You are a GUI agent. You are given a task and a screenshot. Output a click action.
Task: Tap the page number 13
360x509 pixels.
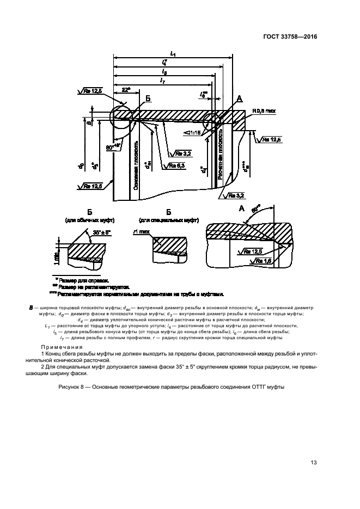(313, 463)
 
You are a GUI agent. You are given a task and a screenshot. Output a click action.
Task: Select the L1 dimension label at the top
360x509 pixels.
(173, 53)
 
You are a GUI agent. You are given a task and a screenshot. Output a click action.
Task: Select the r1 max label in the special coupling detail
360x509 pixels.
(142, 231)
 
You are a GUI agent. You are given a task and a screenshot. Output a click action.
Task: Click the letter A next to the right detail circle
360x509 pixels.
(239, 99)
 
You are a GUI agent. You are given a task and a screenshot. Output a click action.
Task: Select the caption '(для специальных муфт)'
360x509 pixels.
(168, 220)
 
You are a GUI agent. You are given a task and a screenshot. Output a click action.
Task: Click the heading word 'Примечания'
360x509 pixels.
(59, 347)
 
